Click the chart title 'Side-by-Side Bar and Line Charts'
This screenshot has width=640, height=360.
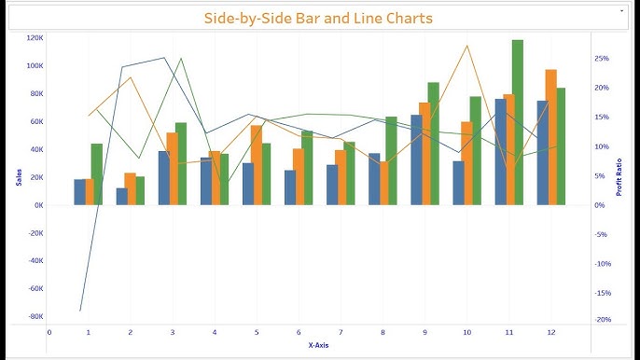point(319,18)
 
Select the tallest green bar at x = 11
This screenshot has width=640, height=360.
point(517,121)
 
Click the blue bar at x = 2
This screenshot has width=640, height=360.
point(121,197)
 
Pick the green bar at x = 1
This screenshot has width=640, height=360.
point(97,174)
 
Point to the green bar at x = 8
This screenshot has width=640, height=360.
point(391,160)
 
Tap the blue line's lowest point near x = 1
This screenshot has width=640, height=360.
point(80,311)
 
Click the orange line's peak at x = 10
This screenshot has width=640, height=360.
point(466,46)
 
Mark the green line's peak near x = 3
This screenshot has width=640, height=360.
point(181,59)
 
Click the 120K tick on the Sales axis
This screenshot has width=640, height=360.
point(35,38)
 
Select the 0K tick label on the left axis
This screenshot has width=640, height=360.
point(37,205)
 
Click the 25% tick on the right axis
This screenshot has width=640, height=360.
point(602,59)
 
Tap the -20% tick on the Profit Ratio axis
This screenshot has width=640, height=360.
point(603,320)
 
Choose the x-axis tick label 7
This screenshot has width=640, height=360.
point(341,331)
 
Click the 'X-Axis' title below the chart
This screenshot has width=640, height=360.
point(318,345)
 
